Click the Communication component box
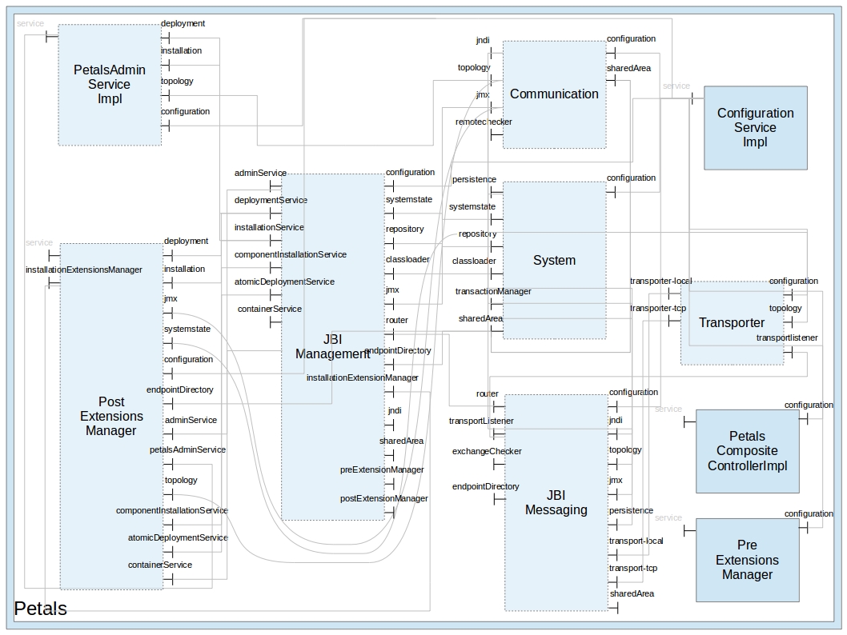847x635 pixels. (554, 94)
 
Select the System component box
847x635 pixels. (554, 260)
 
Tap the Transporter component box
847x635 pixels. (732, 323)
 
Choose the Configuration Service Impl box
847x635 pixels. (755, 127)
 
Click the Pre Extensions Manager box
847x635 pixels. (747, 560)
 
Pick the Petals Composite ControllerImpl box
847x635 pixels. (747, 451)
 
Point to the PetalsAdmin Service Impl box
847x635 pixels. (109, 84)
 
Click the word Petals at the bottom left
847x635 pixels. (41, 609)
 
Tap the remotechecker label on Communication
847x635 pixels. (484, 122)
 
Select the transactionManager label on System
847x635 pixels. (493, 291)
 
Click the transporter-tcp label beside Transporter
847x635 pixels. (658, 308)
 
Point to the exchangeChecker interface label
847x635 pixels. (487, 451)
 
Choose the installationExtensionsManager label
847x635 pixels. (84, 270)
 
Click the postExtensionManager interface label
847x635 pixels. (384, 498)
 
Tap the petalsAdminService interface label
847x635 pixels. (187, 449)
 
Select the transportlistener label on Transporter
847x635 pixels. (787, 337)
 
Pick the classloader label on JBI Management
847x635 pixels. (407, 259)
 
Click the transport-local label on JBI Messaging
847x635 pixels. (636, 541)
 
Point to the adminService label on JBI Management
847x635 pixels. (260, 173)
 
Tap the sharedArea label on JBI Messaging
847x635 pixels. (632, 593)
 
